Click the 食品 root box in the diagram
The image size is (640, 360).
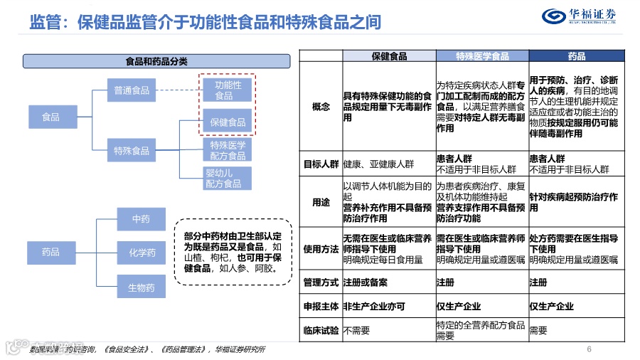tap(50, 117)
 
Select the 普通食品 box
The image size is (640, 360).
tap(132, 90)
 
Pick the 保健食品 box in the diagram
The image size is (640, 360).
tap(228, 122)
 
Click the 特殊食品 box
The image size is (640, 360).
tap(132, 151)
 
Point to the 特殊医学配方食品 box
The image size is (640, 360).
tap(228, 150)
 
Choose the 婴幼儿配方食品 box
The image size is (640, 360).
tap(224, 179)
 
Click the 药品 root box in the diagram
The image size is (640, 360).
tap(50, 252)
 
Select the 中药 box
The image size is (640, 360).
tap(141, 219)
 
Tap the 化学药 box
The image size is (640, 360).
tap(141, 253)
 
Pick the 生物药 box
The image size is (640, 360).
tap(141, 287)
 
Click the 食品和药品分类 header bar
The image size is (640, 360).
tap(156, 61)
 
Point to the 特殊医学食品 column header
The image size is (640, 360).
tap(482, 55)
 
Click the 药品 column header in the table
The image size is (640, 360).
tap(577, 55)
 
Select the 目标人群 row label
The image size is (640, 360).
tap(321, 164)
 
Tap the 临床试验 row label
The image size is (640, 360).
tap(321, 330)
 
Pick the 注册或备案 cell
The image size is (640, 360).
tap(366, 282)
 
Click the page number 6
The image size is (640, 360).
tap(589, 349)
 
